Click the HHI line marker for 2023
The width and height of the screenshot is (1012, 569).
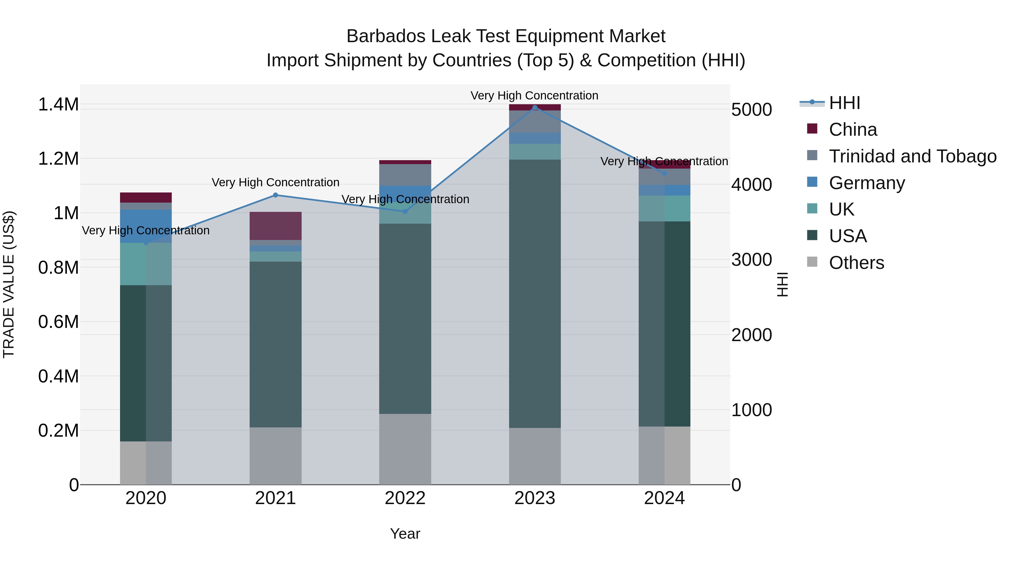click(535, 107)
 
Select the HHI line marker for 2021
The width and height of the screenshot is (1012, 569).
click(275, 195)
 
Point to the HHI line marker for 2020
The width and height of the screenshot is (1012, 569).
click(146, 243)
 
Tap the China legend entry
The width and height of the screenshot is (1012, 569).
click(853, 130)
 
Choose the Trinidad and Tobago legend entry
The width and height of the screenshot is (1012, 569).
click(912, 156)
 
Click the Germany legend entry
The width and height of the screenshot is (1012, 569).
click(867, 183)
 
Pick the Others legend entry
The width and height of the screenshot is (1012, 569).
click(857, 263)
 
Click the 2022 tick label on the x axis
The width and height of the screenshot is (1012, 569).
click(405, 498)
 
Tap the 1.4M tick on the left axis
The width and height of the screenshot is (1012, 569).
click(58, 105)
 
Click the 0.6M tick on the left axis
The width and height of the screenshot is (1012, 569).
click(58, 322)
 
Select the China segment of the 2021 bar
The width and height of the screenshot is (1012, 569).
click(275, 226)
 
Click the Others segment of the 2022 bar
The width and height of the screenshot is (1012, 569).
click(405, 449)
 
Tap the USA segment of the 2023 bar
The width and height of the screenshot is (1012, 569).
click(535, 293)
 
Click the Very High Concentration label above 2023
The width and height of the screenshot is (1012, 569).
click(534, 96)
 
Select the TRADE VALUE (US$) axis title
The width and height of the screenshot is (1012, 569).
click(9, 284)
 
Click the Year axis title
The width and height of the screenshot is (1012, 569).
click(405, 534)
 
